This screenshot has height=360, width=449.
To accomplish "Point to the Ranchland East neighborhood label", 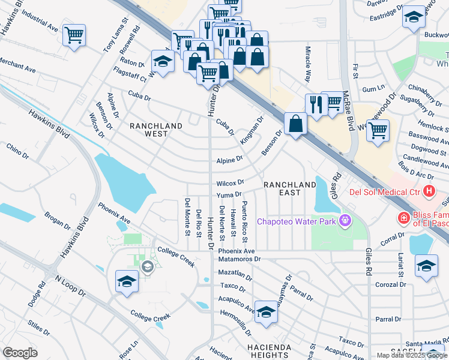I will tap(290, 188).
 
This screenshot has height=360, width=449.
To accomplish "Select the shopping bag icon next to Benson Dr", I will tap(296, 124).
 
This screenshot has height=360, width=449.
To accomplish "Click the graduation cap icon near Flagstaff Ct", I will tap(162, 61).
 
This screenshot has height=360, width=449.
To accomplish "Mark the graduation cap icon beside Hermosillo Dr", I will tap(266, 311).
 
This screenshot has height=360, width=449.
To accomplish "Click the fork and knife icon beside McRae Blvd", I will tap(316, 104).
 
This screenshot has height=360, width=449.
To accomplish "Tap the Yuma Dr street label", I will tap(229, 194).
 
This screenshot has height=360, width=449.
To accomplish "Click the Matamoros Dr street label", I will tap(240, 260).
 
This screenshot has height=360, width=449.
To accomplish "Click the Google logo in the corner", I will tap(20, 353).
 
